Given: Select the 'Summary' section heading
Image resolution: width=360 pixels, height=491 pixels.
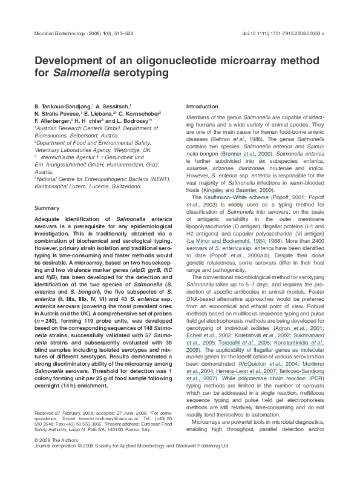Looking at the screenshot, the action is [x=47, y=208].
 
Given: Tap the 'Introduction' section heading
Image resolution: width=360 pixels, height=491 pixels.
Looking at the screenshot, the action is [x=201, y=106].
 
